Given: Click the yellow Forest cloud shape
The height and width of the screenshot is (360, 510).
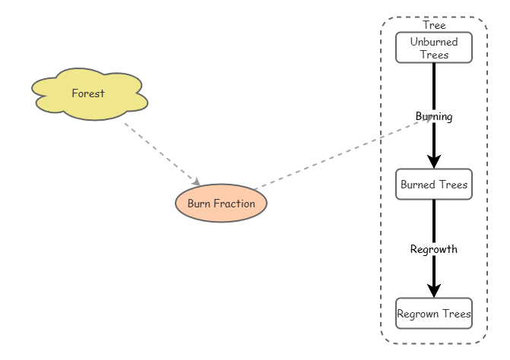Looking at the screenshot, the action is (90, 94).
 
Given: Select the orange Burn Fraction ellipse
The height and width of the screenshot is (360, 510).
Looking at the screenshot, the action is (221, 204).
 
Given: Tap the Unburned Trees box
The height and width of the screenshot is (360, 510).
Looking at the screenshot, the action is (434, 47).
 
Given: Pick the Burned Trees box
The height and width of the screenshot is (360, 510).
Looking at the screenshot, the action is (434, 185).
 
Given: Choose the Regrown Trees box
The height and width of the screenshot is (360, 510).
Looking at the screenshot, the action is (434, 313).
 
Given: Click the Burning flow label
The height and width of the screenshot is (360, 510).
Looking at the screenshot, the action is (434, 116).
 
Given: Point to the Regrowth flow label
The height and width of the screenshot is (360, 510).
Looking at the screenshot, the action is (434, 249).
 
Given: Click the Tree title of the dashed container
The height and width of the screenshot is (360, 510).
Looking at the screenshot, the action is (434, 25).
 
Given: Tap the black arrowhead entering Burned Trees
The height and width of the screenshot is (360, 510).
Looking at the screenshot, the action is (434, 162).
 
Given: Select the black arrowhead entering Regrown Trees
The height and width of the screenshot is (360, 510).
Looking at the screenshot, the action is (434, 291).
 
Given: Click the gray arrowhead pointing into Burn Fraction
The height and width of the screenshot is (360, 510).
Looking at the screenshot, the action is (196, 182).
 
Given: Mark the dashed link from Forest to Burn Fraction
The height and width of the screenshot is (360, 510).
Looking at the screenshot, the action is (162, 154).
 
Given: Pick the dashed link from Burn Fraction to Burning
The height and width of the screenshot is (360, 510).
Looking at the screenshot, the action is (344, 153).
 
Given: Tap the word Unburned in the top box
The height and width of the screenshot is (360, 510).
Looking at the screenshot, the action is (434, 42).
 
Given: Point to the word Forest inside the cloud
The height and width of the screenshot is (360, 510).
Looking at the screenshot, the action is (88, 93).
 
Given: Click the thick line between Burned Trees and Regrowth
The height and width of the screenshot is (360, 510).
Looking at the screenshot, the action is (434, 222).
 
